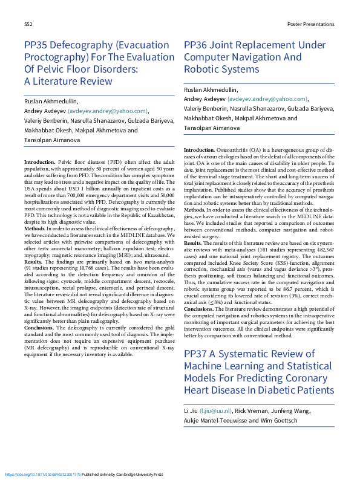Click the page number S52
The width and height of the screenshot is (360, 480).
28,24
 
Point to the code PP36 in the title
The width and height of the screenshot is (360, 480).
197,45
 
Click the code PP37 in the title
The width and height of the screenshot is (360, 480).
197,354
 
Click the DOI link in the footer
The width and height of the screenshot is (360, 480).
42,475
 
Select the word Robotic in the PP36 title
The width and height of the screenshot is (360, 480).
203,70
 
